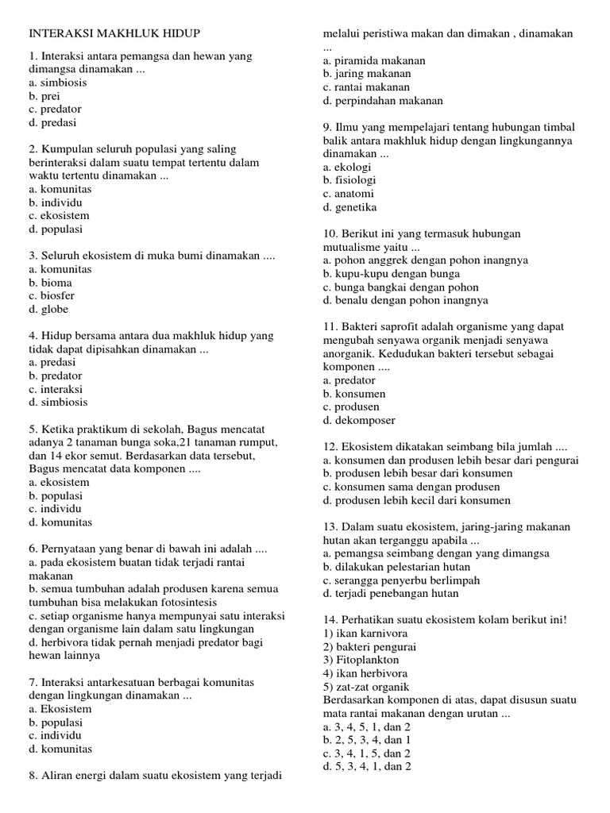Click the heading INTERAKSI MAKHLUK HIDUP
114,34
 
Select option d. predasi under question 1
53,123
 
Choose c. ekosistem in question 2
59,216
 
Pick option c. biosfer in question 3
53,296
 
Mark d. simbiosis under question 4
59,403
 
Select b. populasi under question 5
56,495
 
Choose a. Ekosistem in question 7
60,709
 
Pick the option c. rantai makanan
366,87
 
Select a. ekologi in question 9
347,168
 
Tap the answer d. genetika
350,207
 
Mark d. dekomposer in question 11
359,420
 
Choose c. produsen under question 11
351,406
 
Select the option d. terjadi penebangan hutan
391,593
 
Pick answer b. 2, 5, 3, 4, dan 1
367,740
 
